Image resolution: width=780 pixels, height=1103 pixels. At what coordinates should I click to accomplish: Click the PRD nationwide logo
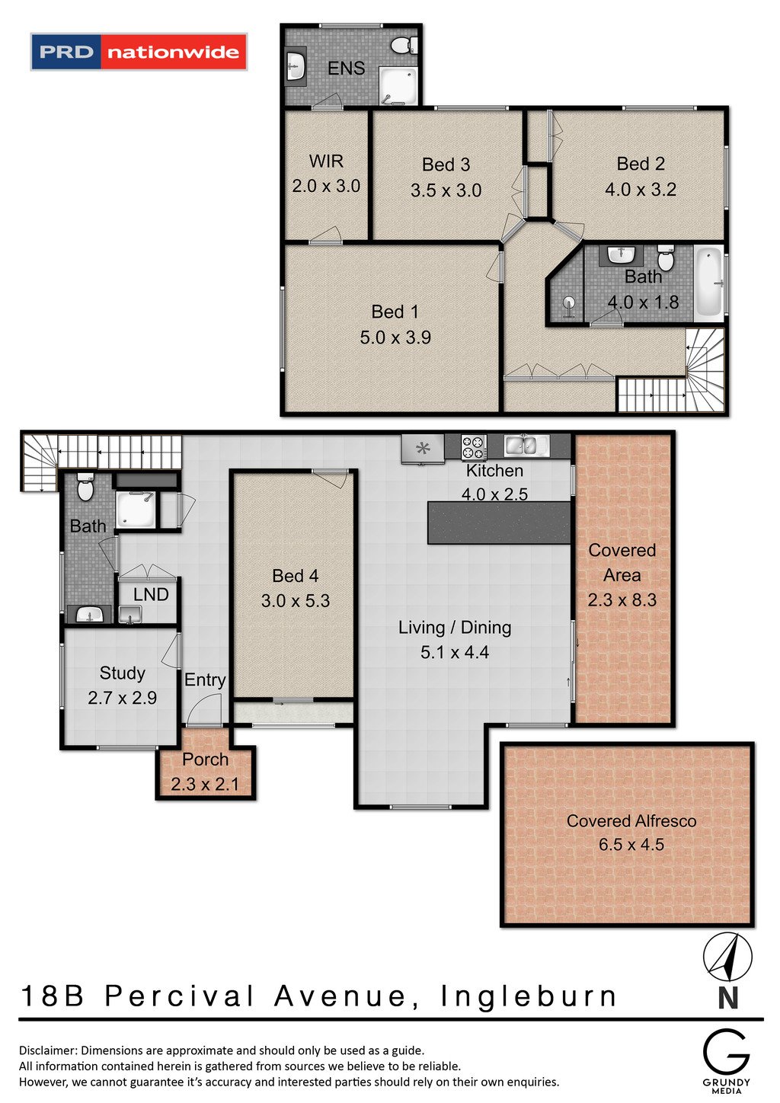[139, 52]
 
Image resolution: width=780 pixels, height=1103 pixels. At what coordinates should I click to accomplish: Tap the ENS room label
[346, 68]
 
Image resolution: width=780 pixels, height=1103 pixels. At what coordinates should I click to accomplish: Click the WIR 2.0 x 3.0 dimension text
[326, 186]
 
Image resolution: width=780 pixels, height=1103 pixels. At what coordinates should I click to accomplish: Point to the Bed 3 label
[446, 165]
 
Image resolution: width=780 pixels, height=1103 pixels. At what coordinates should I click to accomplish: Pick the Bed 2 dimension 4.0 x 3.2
[641, 190]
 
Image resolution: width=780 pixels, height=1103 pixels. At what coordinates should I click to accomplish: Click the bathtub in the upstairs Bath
[708, 283]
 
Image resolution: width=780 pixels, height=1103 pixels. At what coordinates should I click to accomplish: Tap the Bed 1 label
[395, 312]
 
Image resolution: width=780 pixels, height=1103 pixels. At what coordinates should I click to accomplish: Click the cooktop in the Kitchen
[474, 447]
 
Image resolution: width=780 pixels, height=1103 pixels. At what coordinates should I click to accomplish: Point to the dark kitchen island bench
[499, 523]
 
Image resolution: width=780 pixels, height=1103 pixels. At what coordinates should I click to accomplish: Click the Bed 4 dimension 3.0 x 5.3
[295, 601]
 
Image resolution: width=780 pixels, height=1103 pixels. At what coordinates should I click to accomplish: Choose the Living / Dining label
[455, 628]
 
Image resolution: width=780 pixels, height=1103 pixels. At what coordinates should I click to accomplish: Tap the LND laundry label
[151, 595]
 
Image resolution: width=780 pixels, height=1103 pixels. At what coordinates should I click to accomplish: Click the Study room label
[122, 673]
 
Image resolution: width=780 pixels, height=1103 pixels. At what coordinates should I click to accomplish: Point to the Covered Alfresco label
[631, 821]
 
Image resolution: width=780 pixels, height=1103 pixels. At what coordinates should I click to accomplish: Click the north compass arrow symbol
[727, 956]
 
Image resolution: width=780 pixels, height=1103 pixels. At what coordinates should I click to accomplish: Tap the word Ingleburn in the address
[529, 996]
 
